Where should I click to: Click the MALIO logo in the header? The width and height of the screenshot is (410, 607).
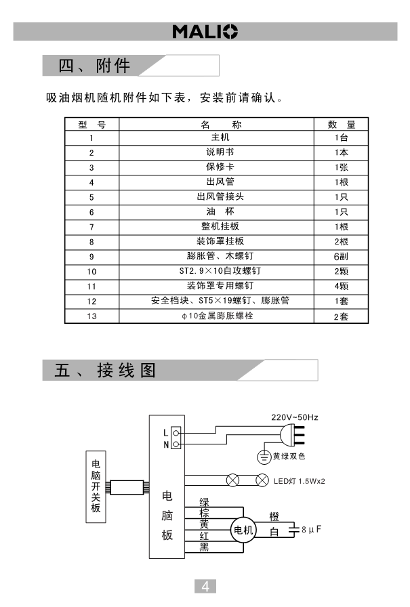pyautogui.click(x=205, y=31)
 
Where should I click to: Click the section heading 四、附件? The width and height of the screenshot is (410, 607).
pyautogui.click(x=95, y=66)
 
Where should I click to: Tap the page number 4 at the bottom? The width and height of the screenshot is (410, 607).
pyautogui.click(x=205, y=585)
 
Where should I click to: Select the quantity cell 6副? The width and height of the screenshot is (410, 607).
pyautogui.click(x=341, y=257)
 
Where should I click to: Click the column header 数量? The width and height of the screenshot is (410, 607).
pyautogui.click(x=341, y=125)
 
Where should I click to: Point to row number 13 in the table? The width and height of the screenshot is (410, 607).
pyautogui.click(x=92, y=316)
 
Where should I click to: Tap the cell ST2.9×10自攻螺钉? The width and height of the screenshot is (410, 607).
pyautogui.click(x=216, y=271)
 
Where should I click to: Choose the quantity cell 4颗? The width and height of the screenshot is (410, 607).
pyautogui.click(x=341, y=286)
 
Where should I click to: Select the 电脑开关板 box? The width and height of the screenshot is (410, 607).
pyautogui.click(x=96, y=486)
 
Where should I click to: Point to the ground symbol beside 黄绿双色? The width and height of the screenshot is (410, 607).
pyautogui.click(x=264, y=457)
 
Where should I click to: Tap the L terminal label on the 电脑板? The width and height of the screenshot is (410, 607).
pyautogui.click(x=166, y=432)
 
